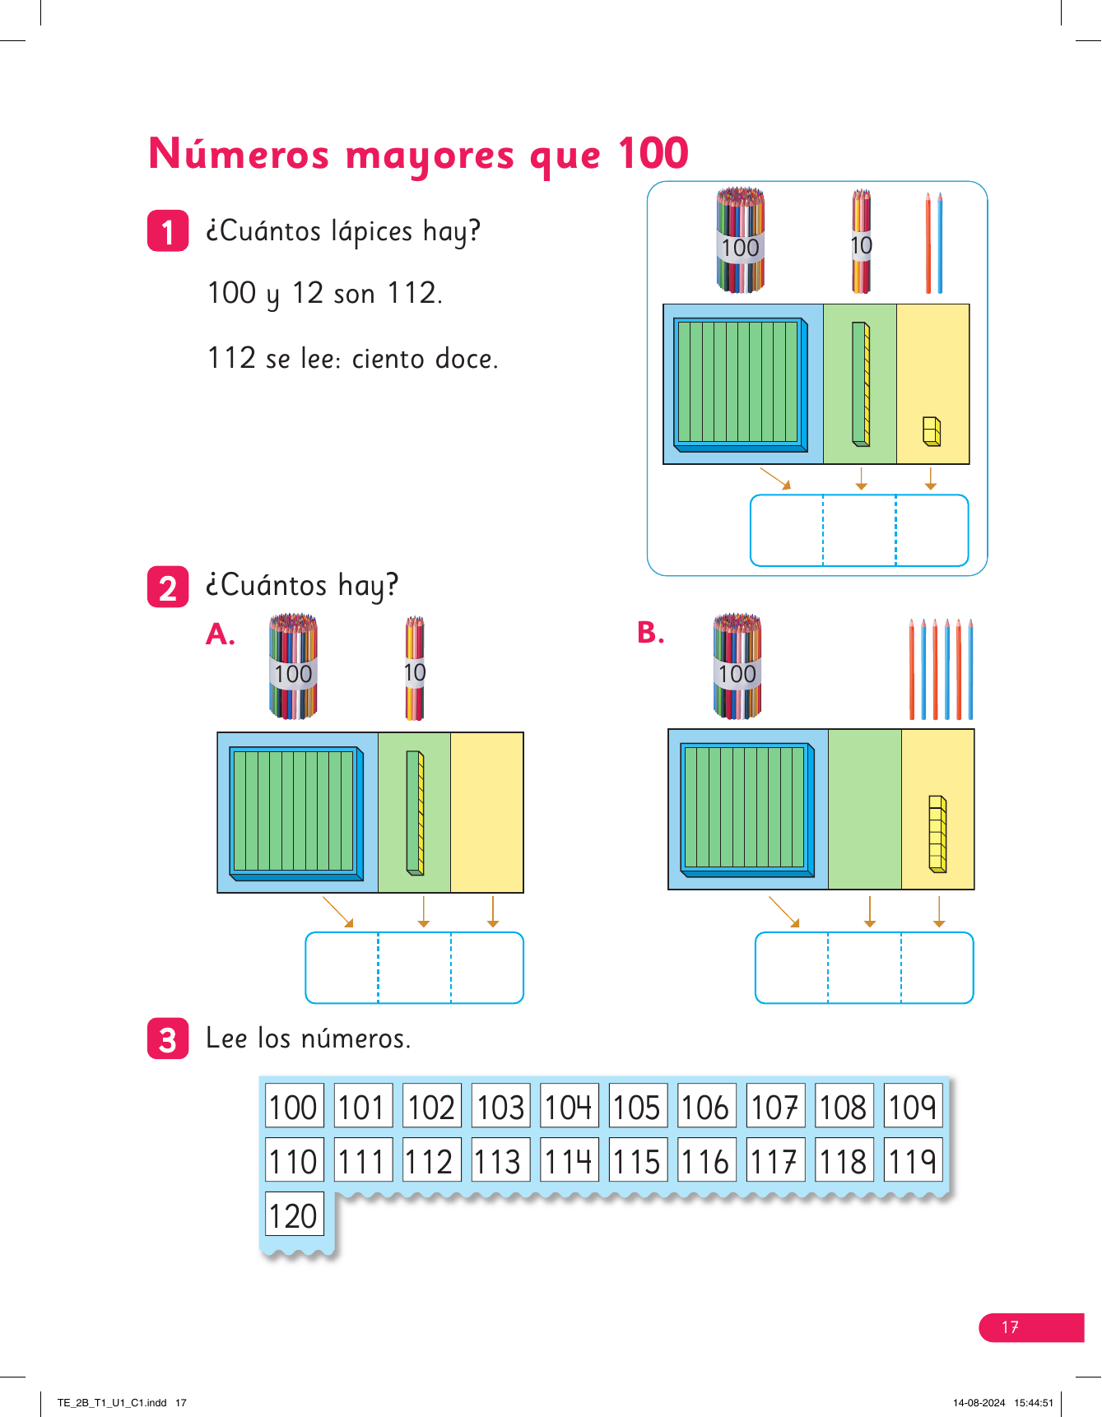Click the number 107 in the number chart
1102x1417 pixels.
coord(775,1107)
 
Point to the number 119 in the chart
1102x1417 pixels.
coord(913,1161)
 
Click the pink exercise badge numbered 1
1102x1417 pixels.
coord(168,231)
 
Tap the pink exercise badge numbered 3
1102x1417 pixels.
coord(168,1038)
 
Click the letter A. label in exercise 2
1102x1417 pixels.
coord(221,634)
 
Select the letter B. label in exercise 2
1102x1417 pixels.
coord(650,633)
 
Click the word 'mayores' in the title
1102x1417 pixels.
coord(430,156)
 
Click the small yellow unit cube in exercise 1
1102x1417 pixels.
coord(932,432)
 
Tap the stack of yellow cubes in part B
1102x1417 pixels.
coord(937,834)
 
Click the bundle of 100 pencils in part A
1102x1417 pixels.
coord(293,667)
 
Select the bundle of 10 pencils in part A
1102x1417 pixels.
coord(415,668)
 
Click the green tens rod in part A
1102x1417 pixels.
coord(415,813)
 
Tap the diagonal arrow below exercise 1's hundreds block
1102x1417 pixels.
coord(775,478)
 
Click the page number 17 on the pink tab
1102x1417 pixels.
coord(1011,1327)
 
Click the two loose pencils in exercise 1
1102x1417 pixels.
coord(933,244)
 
